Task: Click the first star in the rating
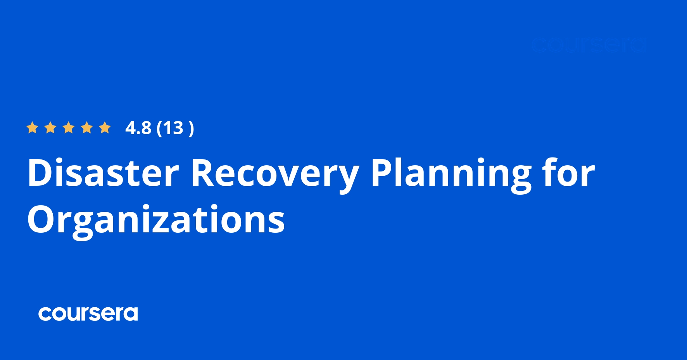pos(32,128)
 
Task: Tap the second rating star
pos(50,128)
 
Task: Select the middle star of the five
pos(69,128)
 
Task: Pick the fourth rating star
pos(87,128)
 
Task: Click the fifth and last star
pos(105,128)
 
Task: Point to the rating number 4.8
pos(138,128)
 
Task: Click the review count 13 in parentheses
pos(173,128)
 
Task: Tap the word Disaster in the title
pos(103,173)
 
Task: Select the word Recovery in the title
pos(275,173)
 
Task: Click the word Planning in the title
pos(451,173)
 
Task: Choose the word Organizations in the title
pos(156,220)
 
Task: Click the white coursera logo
pos(88,314)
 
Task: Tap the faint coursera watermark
pos(589,45)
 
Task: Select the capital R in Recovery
pos(204,173)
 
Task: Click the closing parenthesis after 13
pos(191,128)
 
